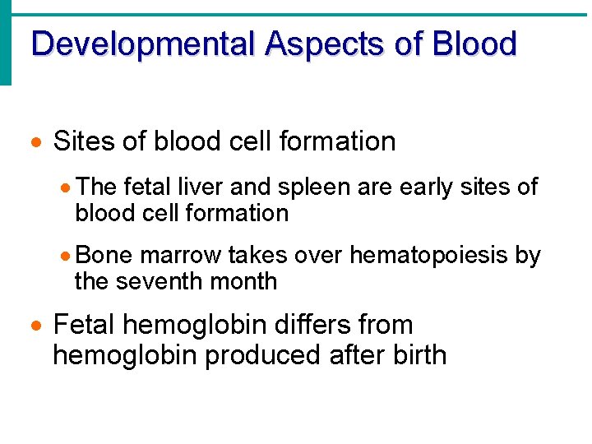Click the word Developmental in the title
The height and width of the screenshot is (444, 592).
pyautogui.click(x=145, y=44)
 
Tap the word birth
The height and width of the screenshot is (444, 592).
pyautogui.click(x=417, y=355)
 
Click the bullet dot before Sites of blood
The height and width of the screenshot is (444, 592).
pyautogui.click(x=35, y=143)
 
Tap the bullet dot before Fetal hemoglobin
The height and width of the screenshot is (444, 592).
pyautogui.click(x=35, y=326)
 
